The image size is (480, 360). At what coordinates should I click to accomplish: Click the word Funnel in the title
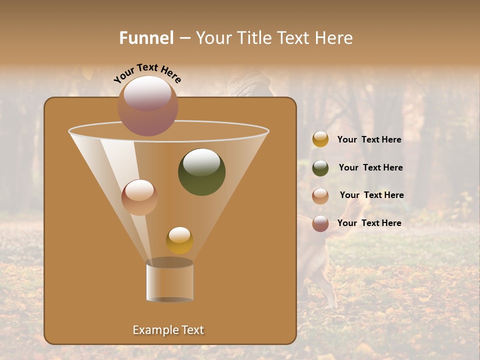pos(146,38)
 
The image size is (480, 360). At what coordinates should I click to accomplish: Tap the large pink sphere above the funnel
pos(148,105)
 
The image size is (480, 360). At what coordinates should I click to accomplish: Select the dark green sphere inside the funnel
pos(201,172)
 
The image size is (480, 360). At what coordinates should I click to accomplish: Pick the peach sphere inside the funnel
pos(139,197)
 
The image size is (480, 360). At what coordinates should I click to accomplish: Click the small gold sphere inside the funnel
pos(179,240)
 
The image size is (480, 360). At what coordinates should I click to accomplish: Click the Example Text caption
pos(168,330)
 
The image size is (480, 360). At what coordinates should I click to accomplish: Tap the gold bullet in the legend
pos(320,139)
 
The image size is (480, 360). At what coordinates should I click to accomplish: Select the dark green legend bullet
pos(320,168)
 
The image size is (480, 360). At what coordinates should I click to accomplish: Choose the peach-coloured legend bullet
pos(320,196)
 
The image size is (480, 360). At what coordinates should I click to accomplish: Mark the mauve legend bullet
pos(320,223)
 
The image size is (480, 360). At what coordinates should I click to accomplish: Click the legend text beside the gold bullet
pos(369,139)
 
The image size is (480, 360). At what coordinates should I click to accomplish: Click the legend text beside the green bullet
pos(370,167)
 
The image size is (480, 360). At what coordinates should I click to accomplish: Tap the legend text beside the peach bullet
pos(371,195)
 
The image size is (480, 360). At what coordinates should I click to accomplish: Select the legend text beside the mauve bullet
pos(369,223)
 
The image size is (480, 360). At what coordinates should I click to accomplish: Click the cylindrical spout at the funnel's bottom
pos(170,281)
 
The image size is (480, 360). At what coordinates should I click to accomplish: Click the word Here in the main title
pos(334,38)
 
